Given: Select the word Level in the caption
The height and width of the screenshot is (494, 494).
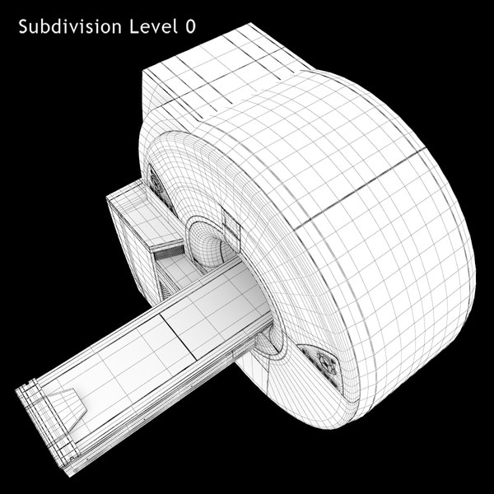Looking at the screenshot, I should tap(151, 27).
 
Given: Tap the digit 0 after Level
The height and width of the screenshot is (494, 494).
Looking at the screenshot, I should tap(191, 27).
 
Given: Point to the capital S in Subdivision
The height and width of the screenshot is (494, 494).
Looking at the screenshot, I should tap(22, 27).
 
